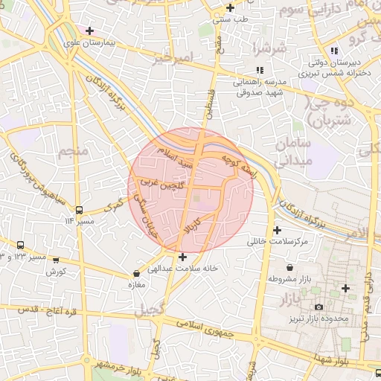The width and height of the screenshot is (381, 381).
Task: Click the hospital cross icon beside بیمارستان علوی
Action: coord(90,31)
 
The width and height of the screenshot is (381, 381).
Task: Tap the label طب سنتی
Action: coord(230,20)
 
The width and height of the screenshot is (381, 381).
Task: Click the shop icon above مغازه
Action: coord(135,273)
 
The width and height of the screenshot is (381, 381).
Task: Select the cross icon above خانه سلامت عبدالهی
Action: coord(182,257)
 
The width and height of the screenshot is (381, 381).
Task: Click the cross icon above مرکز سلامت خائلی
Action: coord(278,231)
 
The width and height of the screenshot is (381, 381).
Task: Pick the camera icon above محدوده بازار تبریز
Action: coord(318,307)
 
